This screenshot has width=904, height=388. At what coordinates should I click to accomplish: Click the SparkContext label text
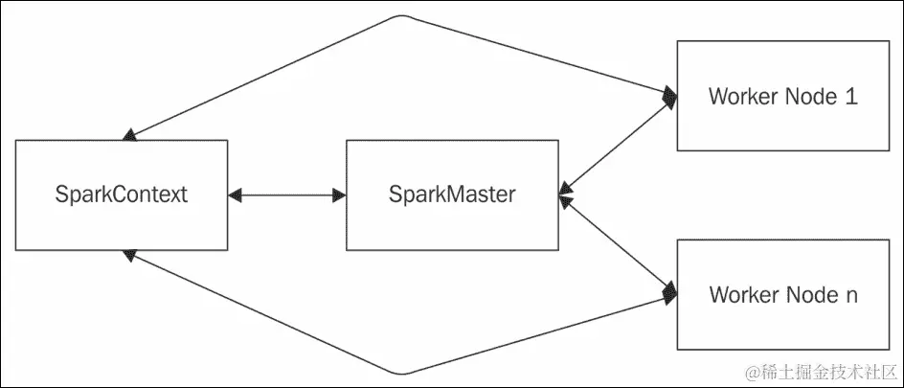coord(122,194)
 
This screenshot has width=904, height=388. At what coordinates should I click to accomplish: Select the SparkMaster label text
coord(452,194)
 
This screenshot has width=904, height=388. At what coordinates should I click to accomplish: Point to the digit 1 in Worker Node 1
coord(850,97)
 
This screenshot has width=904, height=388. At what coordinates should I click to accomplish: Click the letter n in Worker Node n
coord(851,295)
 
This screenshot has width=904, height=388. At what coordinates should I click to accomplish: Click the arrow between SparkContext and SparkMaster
coord(287,194)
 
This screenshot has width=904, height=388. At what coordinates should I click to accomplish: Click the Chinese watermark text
coord(828,371)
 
